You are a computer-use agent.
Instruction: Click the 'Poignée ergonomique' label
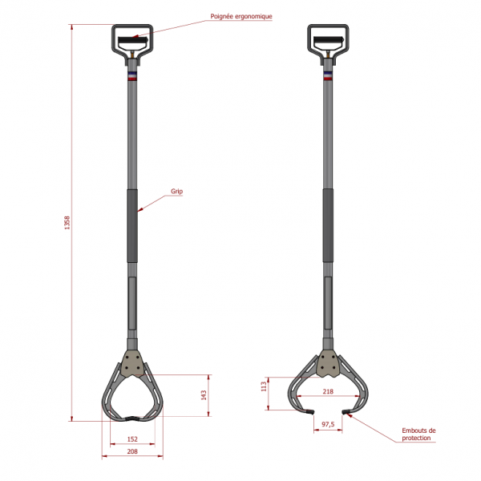tap(241, 17)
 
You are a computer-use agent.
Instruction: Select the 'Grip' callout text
tap(176, 192)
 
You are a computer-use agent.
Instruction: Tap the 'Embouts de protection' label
tap(418, 435)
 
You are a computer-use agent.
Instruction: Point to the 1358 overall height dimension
tap(67, 223)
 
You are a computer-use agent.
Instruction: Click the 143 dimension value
tap(204, 395)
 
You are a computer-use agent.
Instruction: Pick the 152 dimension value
tap(132, 439)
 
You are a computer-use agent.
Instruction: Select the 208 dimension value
tap(132, 451)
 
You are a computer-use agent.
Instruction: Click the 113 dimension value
tap(264, 386)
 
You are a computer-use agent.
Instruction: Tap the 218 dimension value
tap(328, 391)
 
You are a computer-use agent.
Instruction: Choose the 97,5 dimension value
tap(328, 425)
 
